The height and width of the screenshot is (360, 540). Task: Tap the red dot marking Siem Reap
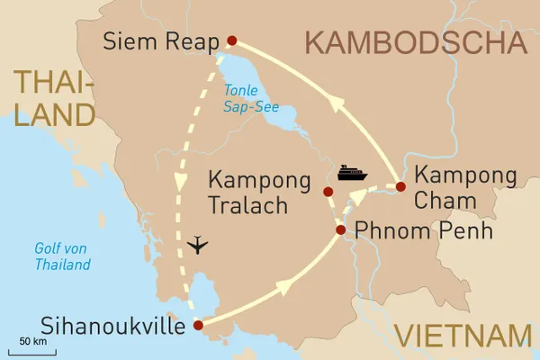click(x=232, y=40)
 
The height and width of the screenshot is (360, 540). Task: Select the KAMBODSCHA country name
click(x=415, y=42)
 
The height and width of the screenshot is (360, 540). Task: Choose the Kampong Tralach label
click(x=248, y=192)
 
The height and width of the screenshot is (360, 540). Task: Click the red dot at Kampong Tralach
click(x=328, y=191)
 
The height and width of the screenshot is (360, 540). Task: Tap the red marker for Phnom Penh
click(x=340, y=230)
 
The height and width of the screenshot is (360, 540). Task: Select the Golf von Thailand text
click(x=62, y=256)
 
